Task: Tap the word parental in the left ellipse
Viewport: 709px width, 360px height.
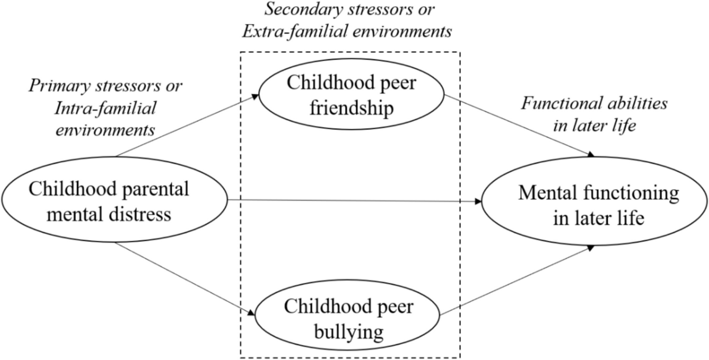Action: [154, 190]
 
